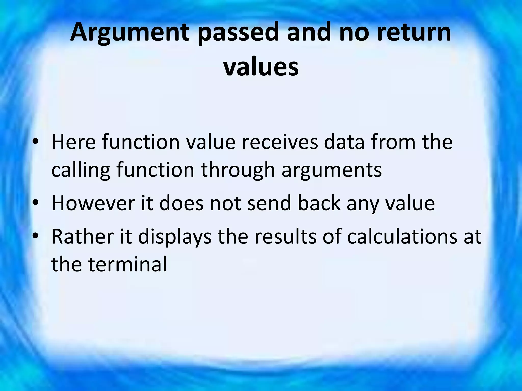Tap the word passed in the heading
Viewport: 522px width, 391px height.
coord(238,33)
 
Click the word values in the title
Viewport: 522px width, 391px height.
coord(261,67)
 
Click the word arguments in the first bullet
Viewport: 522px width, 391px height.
coord(332,170)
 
